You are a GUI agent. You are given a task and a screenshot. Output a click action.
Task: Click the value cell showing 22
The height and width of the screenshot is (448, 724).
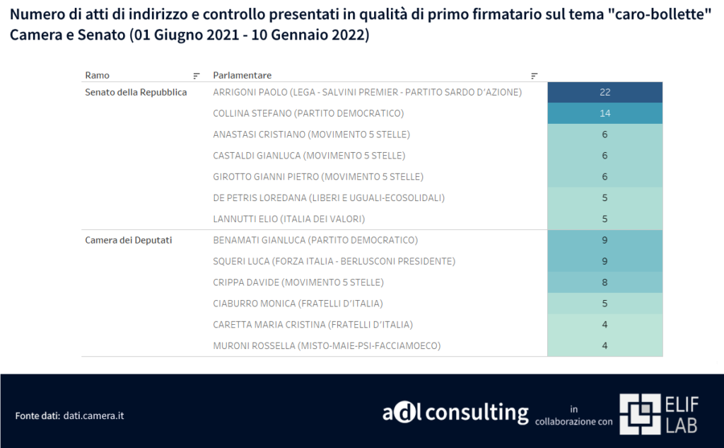tap(605, 93)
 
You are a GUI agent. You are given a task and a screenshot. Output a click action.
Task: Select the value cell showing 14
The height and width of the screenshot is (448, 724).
tap(605, 113)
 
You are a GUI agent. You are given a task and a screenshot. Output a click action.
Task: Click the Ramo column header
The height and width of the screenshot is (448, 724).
tap(97, 75)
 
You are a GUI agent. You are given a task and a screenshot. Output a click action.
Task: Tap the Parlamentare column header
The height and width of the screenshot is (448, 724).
tap(242, 75)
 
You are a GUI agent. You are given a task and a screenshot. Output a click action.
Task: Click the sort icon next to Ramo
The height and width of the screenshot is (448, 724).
tap(197, 76)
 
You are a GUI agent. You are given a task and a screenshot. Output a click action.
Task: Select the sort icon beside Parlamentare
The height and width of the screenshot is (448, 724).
tap(535, 76)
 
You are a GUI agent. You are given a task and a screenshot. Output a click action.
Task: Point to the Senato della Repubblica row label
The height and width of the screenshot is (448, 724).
tap(136, 93)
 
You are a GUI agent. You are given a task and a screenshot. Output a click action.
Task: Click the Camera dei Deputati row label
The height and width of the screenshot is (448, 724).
tap(129, 241)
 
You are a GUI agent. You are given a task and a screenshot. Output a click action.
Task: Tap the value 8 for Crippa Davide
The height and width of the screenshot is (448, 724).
tap(605, 282)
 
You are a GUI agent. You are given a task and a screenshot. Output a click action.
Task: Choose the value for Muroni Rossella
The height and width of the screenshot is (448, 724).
tap(605, 346)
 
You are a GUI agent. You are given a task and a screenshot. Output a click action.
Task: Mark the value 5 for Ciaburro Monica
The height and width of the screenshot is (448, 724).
tap(605, 304)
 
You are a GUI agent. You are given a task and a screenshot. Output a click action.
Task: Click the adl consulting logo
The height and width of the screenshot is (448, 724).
tap(455, 413)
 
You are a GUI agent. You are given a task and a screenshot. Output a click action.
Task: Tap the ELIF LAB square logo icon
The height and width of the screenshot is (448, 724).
tap(639, 414)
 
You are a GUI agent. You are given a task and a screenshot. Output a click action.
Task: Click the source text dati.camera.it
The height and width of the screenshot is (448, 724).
tap(94, 415)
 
